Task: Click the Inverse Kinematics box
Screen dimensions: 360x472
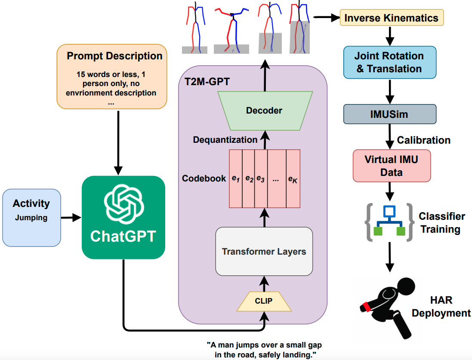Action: [x=391, y=18]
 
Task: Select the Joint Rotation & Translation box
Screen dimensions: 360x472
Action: [x=389, y=62]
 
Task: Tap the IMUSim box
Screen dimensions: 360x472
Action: [x=389, y=114]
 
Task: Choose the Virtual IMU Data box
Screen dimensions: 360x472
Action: [x=391, y=166]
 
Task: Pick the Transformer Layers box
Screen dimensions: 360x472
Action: [x=264, y=251]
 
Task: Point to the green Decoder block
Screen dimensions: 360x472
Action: [x=264, y=111]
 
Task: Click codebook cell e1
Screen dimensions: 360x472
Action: [x=235, y=178]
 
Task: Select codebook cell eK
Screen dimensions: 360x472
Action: [x=293, y=178]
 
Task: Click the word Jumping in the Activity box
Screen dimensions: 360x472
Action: [x=31, y=218]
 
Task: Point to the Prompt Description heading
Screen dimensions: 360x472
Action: [x=114, y=56]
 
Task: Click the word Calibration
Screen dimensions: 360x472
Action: [x=423, y=140]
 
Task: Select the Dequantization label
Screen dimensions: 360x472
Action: [x=225, y=140]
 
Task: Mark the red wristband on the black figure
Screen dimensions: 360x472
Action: [x=367, y=307]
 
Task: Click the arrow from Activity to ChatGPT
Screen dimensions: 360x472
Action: [x=71, y=218]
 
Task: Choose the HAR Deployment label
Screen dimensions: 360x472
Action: [x=441, y=306]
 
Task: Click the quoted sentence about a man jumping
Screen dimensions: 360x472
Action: [x=264, y=350]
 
